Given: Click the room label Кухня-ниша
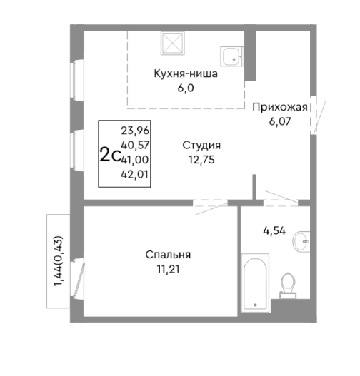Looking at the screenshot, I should [185, 73].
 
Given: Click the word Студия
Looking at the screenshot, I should [200, 146].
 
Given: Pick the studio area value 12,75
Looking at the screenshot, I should [200, 159].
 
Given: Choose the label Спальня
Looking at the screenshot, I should [169, 255].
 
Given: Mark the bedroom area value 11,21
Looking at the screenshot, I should [169, 268].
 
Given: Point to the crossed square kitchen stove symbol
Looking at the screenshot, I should [174, 44].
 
